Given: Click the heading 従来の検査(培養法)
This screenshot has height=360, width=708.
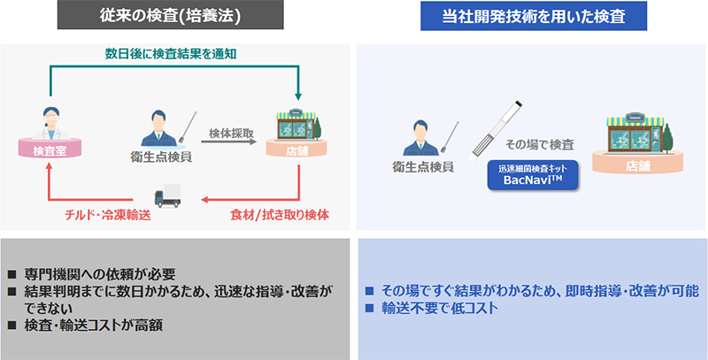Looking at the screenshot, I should pyautogui.click(x=173, y=16).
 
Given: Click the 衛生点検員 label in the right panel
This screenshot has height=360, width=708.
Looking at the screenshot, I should pyautogui.click(x=424, y=165).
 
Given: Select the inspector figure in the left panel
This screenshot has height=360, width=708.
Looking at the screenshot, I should pyautogui.click(x=159, y=130).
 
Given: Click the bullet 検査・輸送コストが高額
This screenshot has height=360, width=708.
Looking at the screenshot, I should pyautogui.click(x=98, y=325).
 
